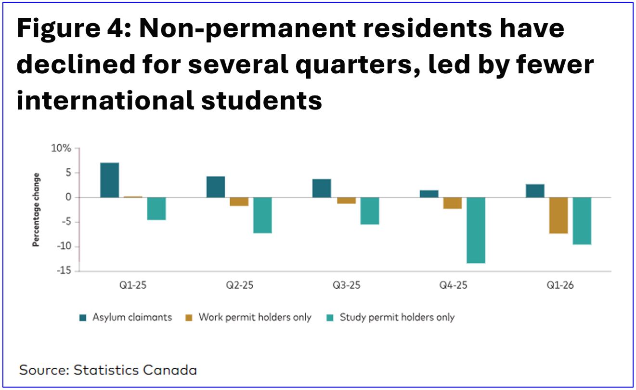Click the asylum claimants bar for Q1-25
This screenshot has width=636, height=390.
tap(109, 180)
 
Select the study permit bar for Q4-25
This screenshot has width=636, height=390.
tap(476, 230)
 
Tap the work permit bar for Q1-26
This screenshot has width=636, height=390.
tap(558, 215)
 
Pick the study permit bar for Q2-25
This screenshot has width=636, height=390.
tap(263, 215)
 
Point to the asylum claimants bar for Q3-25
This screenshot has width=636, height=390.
tap(322, 188)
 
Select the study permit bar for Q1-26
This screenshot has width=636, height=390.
tap(582, 221)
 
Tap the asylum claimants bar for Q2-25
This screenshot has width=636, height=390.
tap(215, 187)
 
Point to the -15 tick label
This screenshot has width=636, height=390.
tap(63, 271)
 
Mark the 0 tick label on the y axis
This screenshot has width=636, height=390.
tap(68, 198)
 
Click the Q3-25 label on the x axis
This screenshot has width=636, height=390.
tap(346, 285)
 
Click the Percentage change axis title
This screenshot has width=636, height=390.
tap(36, 210)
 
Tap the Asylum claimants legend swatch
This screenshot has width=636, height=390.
tap(82, 318)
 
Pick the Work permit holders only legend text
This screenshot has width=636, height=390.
tap(255, 318)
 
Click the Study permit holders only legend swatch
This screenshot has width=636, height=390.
tap(330, 318)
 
